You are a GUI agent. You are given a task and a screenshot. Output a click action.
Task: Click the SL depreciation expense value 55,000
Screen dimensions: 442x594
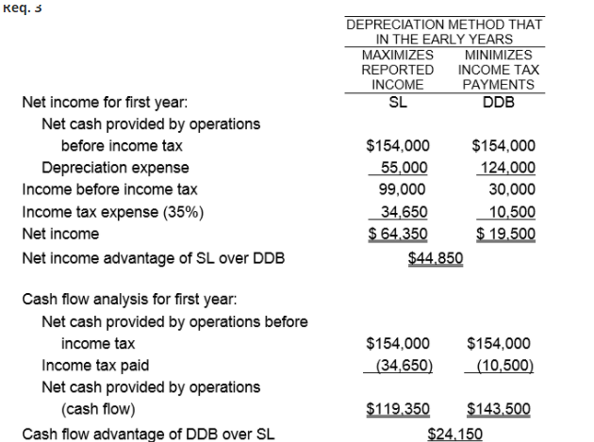(403, 168)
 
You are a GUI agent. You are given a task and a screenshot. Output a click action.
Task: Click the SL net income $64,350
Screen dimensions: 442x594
(397, 234)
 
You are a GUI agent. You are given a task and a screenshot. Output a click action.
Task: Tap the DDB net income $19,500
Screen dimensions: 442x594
(503, 234)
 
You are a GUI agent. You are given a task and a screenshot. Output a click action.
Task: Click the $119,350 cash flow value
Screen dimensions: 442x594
(397, 409)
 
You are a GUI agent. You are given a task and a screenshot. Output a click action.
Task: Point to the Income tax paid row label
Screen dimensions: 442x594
(96, 366)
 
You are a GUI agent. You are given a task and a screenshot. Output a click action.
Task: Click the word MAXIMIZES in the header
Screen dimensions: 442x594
(397, 55)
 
